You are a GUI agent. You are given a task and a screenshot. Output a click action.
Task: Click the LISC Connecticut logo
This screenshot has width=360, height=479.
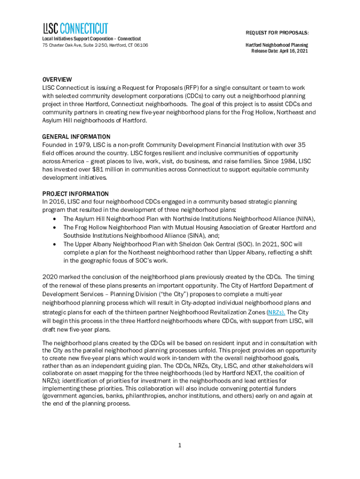[75, 28]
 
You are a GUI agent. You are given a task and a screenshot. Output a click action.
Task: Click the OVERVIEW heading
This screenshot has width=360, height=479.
[57, 80]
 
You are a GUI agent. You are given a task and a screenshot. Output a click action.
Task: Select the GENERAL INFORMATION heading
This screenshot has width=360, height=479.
[76, 137]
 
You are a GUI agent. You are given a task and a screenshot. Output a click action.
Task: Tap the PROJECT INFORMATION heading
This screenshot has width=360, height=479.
[75, 194]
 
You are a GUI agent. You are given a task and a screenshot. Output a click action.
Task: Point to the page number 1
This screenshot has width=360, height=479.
[180, 445]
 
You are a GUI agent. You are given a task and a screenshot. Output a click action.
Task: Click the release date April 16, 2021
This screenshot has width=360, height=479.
[291, 51]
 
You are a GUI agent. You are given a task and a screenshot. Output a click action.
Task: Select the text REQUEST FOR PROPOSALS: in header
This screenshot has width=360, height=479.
[277, 32]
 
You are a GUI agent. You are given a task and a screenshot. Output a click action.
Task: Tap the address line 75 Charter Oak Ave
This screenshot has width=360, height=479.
[95, 45]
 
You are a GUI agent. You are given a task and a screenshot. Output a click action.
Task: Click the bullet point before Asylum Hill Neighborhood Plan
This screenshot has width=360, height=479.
[56, 219]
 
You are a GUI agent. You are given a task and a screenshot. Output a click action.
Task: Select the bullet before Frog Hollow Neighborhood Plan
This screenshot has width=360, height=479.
[56, 227]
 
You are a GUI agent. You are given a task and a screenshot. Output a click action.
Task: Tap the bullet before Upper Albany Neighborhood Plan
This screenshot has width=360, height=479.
[56, 244]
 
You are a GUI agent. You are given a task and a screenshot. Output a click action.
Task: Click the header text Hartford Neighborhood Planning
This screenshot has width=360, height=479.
[277, 45]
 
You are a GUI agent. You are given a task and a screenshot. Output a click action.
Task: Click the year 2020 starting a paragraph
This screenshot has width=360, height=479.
[50, 277]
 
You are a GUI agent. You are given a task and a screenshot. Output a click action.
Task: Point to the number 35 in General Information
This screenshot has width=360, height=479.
[302, 145]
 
